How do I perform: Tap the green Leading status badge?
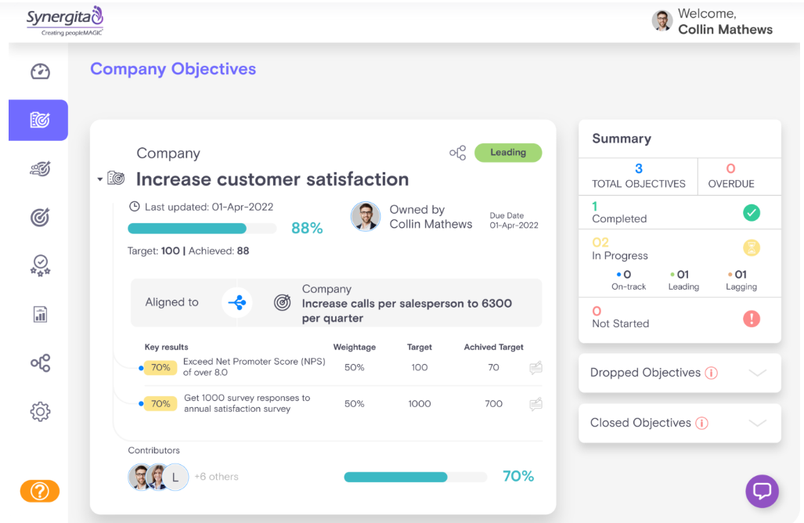[x=508, y=153]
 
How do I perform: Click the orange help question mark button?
[x=40, y=491]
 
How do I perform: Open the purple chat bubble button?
[x=762, y=491]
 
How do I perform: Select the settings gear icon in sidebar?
[x=40, y=411]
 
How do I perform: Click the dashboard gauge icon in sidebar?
[x=40, y=72]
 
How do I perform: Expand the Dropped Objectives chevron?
[x=757, y=373]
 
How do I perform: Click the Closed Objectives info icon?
[x=702, y=423]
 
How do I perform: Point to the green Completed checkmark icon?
[x=752, y=213]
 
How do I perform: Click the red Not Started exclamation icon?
[x=752, y=318]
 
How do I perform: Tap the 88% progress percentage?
[x=307, y=228]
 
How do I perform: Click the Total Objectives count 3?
[x=639, y=168]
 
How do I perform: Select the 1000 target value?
[x=420, y=404]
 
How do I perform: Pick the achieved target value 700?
[x=493, y=404]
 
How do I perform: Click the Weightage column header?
[x=355, y=347]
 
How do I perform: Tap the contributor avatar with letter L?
[x=175, y=476]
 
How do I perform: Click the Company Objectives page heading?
[x=173, y=69]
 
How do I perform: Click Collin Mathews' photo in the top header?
[x=662, y=21]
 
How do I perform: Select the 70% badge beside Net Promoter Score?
[x=160, y=367]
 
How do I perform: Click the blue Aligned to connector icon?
[x=238, y=302]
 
